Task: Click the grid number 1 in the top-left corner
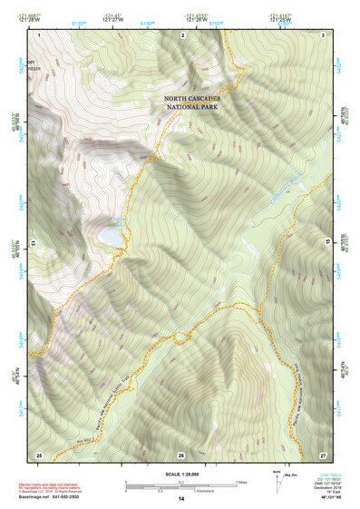click(40, 34)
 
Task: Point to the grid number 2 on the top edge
click(182, 34)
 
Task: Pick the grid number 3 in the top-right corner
click(324, 34)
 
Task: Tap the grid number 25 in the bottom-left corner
click(39, 453)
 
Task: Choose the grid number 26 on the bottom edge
click(181, 453)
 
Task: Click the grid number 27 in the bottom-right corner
click(323, 453)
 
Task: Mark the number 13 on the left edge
click(34, 243)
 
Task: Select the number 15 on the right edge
click(328, 243)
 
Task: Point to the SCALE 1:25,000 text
click(181, 475)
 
